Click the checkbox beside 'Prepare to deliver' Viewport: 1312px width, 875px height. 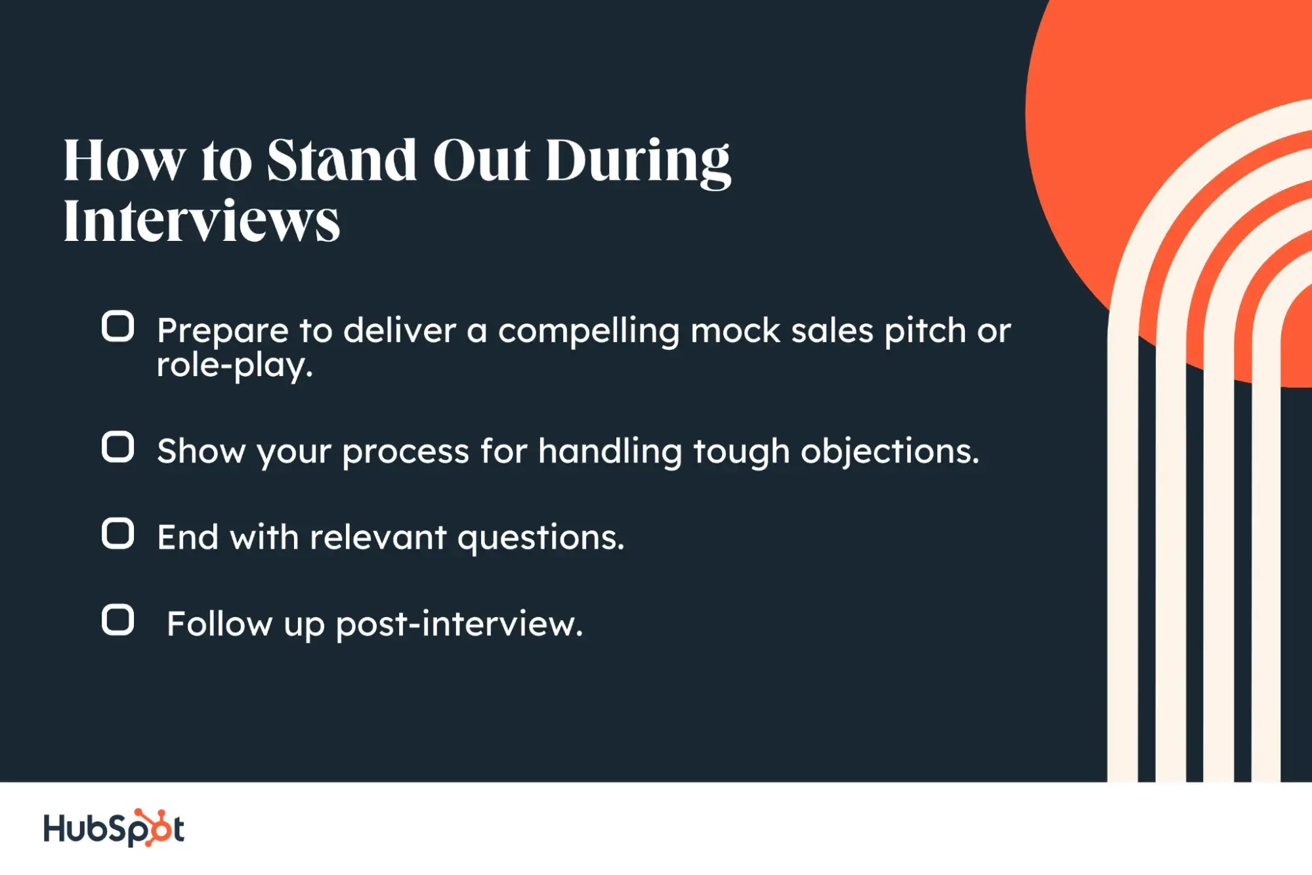pyautogui.click(x=118, y=326)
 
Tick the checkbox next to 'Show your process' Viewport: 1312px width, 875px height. pyautogui.click(x=118, y=447)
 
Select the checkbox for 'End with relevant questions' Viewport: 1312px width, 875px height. pyautogui.click(x=118, y=533)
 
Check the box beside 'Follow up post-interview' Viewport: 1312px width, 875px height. pyautogui.click(x=118, y=620)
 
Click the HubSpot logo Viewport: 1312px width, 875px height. pyautogui.click(x=114, y=828)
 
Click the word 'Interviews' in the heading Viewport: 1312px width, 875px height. pyautogui.click(x=201, y=221)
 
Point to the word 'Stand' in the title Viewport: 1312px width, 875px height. pyautogui.click(x=341, y=160)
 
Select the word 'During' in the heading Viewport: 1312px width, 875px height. pyautogui.click(x=637, y=161)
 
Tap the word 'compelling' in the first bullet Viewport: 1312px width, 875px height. pyautogui.click(x=588, y=331)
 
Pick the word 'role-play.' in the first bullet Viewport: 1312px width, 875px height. pyautogui.click(x=234, y=365)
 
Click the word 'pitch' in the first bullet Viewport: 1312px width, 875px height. pyautogui.click(x=925, y=331)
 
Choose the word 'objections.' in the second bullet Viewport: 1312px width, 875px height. pyautogui.click(x=889, y=452)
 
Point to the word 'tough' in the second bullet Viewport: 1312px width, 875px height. pyautogui.click(x=741, y=452)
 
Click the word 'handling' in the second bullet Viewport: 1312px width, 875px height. pyautogui.click(x=610, y=452)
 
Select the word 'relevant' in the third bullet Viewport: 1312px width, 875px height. pyautogui.click(x=378, y=538)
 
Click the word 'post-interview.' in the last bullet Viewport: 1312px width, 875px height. pyautogui.click(x=459, y=624)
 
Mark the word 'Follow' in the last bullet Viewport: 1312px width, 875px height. pyautogui.click(x=219, y=624)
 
